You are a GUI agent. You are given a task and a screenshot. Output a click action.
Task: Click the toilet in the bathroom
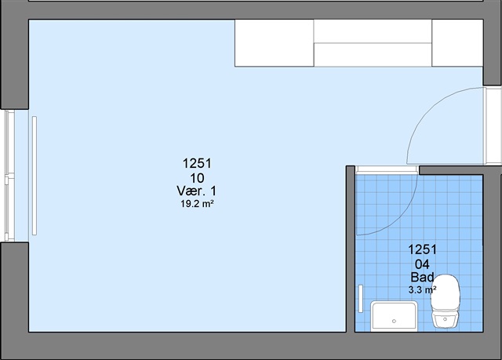446,301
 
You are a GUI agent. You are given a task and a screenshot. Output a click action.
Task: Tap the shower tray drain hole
394,321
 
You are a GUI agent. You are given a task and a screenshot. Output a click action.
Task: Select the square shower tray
394,316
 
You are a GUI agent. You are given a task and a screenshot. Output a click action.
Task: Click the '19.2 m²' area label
197,203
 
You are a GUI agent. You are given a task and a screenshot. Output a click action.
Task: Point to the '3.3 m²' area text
422,290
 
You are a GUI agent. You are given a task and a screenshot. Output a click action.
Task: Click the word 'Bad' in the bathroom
422,277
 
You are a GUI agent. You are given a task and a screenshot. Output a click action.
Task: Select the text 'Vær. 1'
197,191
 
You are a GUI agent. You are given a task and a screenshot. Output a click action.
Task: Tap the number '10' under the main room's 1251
197,177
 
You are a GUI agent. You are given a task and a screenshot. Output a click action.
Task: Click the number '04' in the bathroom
422,264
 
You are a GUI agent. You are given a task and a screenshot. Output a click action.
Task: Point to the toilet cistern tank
446,319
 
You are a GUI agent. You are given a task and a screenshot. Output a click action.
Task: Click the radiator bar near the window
35,176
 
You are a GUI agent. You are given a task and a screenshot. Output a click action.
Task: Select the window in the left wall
9,176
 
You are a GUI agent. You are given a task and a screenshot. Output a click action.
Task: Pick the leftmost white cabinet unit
274,43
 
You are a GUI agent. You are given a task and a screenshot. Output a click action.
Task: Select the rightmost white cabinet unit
457,43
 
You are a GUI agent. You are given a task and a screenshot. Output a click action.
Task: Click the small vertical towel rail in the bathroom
361,299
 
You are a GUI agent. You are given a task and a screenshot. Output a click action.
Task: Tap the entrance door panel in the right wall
493,125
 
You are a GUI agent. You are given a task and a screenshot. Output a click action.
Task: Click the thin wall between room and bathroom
351,249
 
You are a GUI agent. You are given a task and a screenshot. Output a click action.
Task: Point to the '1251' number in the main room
197,163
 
